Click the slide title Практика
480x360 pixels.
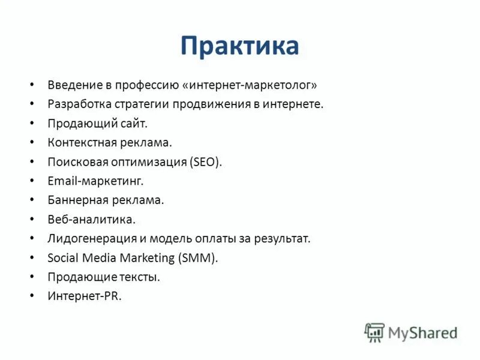coord(239,46)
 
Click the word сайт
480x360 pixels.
coord(134,123)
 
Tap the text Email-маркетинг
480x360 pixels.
coord(95,181)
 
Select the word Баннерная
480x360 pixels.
coord(76,200)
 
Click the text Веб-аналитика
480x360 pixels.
coord(91,219)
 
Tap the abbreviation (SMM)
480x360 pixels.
coord(198,257)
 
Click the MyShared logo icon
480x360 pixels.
coord(374,332)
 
